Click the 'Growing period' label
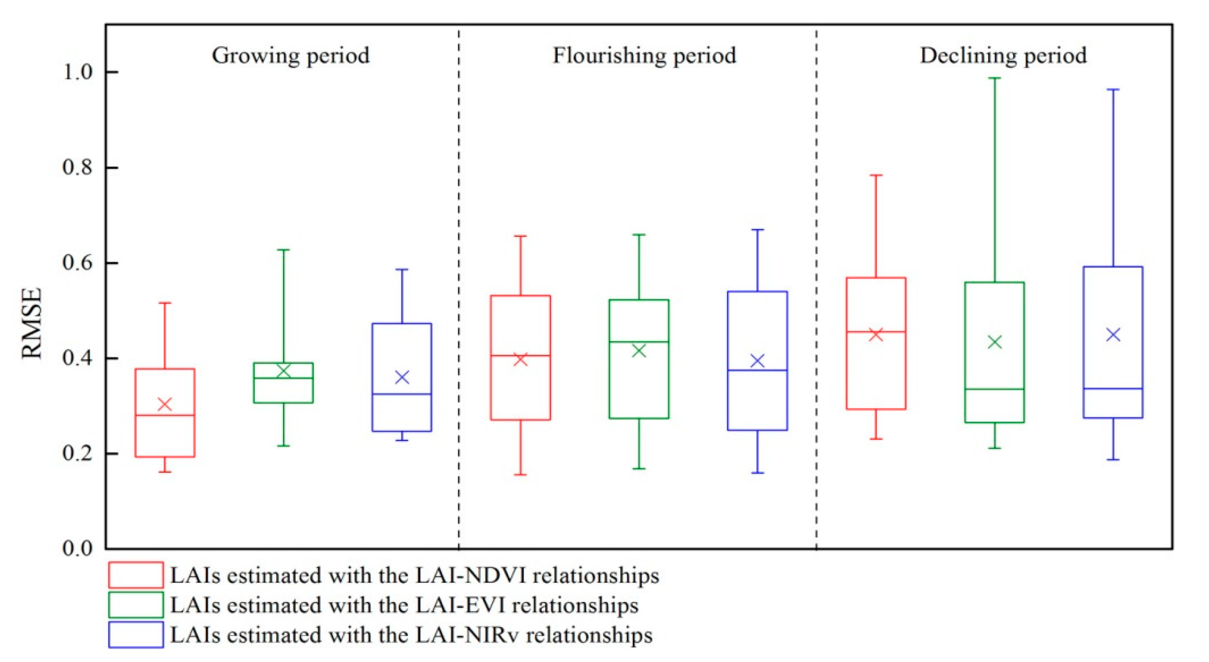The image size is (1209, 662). (290, 55)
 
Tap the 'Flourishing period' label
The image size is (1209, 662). (644, 55)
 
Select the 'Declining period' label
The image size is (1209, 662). (1003, 55)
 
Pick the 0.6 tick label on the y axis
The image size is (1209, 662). (78, 263)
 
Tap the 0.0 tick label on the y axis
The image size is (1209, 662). (78, 548)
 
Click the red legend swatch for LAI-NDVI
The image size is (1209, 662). (136, 575)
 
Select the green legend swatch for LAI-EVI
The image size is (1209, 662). (136, 605)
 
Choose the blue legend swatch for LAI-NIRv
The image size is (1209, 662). (136, 635)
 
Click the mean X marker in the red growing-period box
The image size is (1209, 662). (165, 404)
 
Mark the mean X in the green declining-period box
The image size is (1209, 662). (994, 342)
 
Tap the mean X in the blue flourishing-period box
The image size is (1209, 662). (757, 361)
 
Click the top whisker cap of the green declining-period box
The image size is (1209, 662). (994, 78)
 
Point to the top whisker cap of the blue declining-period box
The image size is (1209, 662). (1113, 89)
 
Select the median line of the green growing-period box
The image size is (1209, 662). (283, 378)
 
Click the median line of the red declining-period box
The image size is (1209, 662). (876, 331)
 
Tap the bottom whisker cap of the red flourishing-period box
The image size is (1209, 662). (520, 475)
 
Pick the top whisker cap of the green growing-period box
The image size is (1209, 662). (283, 250)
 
